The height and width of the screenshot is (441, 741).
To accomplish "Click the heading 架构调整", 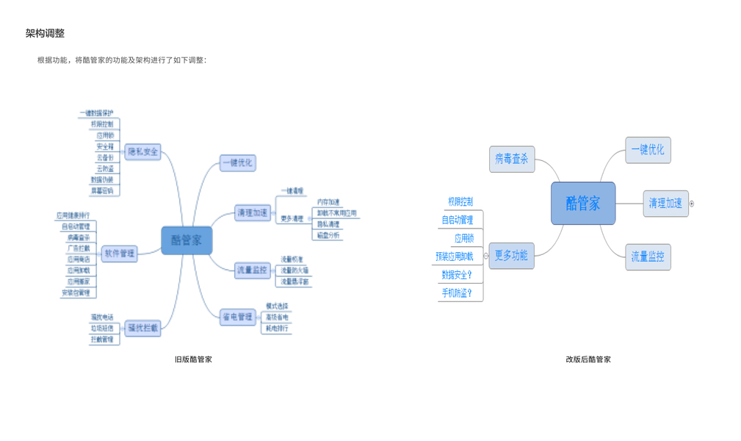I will [x=45, y=33].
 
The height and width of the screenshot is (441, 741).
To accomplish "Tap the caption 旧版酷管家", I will [x=193, y=359].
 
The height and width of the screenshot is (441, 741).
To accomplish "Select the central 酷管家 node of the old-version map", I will [x=187, y=240].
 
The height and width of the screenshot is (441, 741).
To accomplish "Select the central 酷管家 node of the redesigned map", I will [x=582, y=203].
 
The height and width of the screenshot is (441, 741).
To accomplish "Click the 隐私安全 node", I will [x=142, y=152].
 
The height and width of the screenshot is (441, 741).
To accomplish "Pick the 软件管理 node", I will [x=120, y=253].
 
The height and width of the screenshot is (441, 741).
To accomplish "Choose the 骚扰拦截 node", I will [x=142, y=328].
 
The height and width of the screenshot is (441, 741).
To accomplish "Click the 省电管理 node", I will [x=237, y=317].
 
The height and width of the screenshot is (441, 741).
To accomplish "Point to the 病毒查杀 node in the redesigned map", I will [x=511, y=159].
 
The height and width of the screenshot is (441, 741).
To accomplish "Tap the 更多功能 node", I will [x=511, y=256].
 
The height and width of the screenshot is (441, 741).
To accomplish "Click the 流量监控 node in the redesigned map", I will [x=647, y=257].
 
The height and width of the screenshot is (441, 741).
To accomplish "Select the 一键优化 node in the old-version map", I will [x=237, y=163].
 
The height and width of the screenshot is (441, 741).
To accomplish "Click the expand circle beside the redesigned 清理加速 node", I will [x=692, y=204].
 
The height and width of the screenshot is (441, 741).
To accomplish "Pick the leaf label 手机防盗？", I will [x=457, y=293].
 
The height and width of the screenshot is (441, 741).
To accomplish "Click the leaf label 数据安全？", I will [x=457, y=275].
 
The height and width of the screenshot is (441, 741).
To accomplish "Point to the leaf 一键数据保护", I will [x=96, y=113].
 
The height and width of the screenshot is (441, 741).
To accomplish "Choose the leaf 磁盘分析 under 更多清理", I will [x=328, y=235].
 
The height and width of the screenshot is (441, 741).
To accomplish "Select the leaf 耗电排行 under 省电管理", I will [x=277, y=328].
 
